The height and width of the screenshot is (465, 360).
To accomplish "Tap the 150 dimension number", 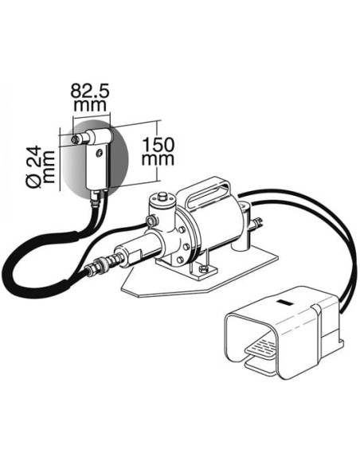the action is tap(158, 145).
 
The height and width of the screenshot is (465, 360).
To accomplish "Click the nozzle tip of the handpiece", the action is tap(75, 139).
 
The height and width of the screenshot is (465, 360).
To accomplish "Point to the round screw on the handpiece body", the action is tap(100, 153).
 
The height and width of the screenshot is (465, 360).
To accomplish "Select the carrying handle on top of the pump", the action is tap(208, 192).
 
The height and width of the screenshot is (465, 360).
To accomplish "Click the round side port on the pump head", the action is tap(151, 220).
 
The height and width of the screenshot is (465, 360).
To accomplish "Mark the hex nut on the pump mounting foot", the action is tap(203, 268).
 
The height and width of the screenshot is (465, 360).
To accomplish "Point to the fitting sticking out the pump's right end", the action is tap(256, 223).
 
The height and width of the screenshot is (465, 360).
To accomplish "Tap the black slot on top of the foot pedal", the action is tap(285, 303).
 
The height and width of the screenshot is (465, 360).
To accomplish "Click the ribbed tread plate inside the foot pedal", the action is tap(261, 349).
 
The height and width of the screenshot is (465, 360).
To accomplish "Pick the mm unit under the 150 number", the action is tap(158, 159).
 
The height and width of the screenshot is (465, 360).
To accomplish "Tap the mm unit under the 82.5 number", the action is tap(90, 106).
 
